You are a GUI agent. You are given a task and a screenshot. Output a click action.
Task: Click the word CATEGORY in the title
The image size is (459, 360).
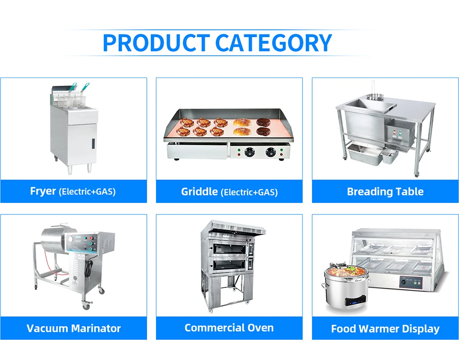pos(274,43)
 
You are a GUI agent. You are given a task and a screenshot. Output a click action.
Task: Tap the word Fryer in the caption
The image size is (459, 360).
pos(43,191)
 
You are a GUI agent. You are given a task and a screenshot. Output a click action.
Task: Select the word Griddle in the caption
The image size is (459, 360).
pos(199,191)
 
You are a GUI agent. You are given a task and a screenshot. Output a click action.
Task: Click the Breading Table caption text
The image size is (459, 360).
pos(385,191)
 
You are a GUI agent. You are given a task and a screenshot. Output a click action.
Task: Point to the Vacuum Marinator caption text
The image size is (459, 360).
pos(73,328)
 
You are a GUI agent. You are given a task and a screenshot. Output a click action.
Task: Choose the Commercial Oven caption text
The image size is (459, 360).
pos(229,328)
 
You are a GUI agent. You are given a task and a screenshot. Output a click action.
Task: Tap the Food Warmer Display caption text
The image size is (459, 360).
pos(385,329)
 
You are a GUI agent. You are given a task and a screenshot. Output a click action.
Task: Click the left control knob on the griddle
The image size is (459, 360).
pos(249,152)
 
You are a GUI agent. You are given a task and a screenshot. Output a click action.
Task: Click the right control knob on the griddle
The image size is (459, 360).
pos(271,152)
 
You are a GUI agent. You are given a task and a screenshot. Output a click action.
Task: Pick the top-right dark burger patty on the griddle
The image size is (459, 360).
pos(263,122)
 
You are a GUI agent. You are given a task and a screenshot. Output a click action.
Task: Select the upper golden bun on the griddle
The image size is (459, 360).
pos(242,122)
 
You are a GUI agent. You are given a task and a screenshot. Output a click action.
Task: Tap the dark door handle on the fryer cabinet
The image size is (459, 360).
pos(93,143)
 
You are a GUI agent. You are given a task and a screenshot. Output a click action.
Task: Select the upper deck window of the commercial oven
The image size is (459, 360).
pos(229,248)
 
